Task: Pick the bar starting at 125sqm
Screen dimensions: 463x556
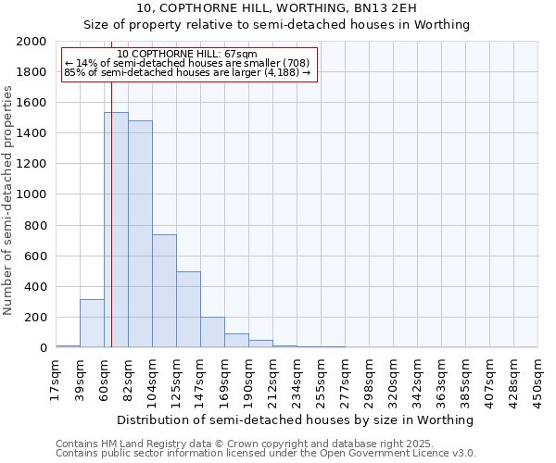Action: pos(188,309)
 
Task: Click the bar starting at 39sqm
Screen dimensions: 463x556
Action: pos(92,323)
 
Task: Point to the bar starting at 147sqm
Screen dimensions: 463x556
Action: pos(212,332)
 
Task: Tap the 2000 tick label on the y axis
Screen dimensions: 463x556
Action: pos(32,42)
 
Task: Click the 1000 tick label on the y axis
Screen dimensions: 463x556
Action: pos(32,195)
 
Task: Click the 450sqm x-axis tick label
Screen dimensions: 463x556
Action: pos(537,380)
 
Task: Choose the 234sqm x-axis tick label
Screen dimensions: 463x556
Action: pos(297,380)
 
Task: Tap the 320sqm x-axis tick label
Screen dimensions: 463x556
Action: pos(393,380)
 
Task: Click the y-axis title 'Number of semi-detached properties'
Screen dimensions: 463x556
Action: pos(9,199)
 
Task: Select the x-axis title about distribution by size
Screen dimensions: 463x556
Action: pos(297,419)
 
